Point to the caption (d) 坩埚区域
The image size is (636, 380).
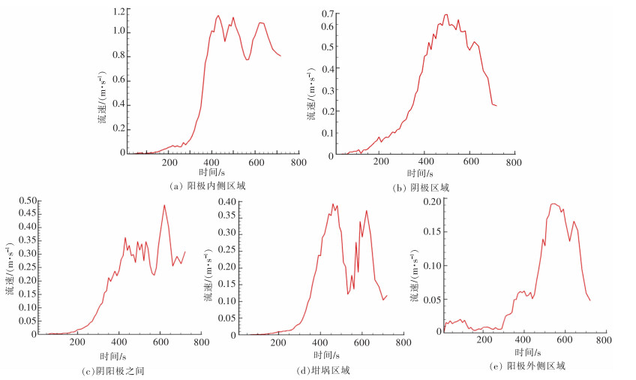click(x=322, y=370)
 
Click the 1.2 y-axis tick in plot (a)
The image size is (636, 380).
click(x=117, y=12)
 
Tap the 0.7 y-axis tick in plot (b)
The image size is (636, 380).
click(x=327, y=14)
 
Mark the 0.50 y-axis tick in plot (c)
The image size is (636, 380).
click(x=29, y=201)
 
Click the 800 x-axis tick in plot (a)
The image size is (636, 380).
click(x=298, y=162)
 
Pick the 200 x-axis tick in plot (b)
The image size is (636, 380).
click(x=381, y=164)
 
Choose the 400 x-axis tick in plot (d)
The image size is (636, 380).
click(x=319, y=342)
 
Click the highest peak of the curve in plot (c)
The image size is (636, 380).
click(x=164, y=205)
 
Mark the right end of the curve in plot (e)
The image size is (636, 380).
click(x=590, y=300)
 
